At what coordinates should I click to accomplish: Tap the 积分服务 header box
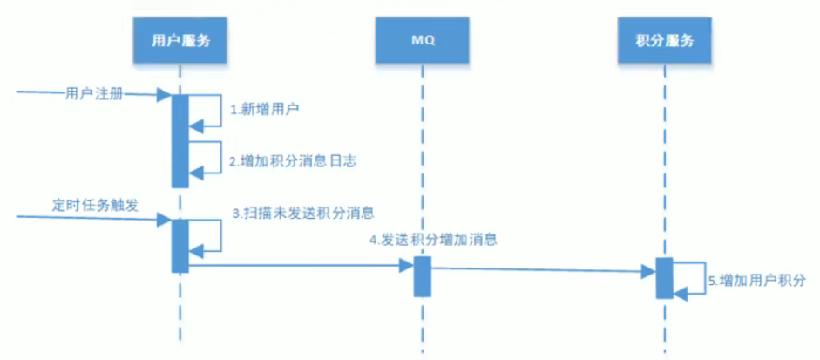pyautogui.click(x=665, y=39)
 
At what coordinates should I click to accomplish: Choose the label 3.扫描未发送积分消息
pyautogui.click(x=302, y=212)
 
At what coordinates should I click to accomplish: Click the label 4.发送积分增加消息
pyautogui.click(x=433, y=239)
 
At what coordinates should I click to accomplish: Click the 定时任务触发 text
pyautogui.click(x=95, y=204)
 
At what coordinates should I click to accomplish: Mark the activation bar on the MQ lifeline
pyautogui.click(x=422, y=276)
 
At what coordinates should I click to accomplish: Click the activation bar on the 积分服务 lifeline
pyautogui.click(x=664, y=278)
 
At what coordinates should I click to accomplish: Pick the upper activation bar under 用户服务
pyautogui.click(x=180, y=139)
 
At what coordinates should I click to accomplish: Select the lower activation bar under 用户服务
pyautogui.click(x=180, y=245)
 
